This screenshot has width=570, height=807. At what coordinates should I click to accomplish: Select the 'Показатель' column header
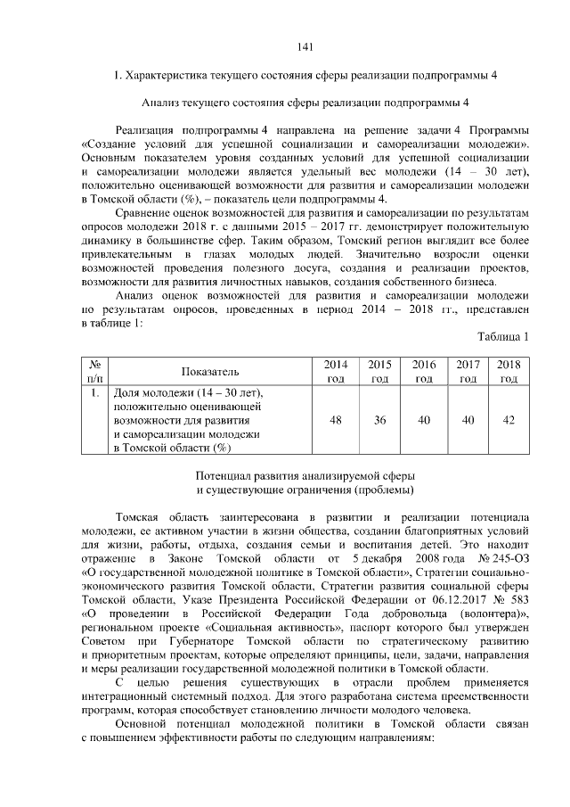coord(210,371)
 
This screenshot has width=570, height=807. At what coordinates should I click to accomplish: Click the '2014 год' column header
coord(337,371)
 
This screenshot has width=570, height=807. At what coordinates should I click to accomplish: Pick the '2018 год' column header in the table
coord(509,371)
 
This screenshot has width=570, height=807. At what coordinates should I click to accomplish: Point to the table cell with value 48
coord(337,419)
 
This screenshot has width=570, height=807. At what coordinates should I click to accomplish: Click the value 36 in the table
coord(380,419)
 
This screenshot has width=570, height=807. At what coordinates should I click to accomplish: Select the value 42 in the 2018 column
coord(509,419)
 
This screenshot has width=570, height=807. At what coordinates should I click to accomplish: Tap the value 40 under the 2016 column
coord(424,419)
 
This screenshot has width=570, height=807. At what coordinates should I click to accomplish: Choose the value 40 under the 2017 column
coord(468,419)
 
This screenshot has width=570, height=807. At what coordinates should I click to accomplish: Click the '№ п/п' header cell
coord(94,371)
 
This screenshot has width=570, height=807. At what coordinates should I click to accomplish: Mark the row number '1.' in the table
coord(94,391)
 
